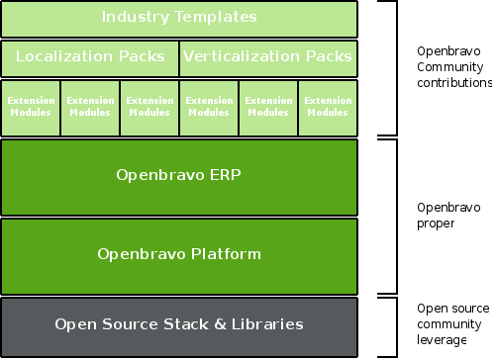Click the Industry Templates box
tap(178, 18)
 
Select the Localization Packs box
tap(90, 57)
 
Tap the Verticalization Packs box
tap(268, 57)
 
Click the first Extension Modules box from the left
tap(31, 107)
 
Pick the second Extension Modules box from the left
tap(90, 107)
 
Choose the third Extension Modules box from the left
tap(149, 107)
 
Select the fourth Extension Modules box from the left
tap(209, 107)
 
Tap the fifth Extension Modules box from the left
tap(268, 107)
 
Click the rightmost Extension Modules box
tap(328, 107)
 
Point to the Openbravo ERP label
tap(178, 177)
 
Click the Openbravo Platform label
tap(178, 254)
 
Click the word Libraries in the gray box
tap(266, 324)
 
